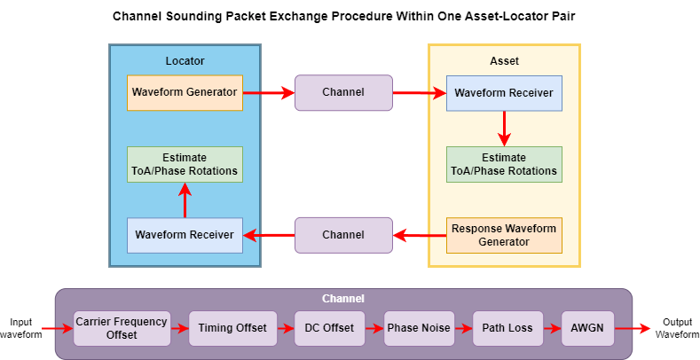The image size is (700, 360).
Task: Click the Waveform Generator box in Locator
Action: (185, 92)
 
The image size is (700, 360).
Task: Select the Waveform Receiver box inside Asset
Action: (504, 92)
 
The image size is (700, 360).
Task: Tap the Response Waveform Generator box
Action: (504, 235)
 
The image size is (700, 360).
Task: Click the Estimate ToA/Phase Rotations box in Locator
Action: (185, 164)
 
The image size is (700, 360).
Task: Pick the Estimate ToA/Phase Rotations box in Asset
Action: (504, 164)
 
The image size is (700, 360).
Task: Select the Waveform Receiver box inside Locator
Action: (185, 235)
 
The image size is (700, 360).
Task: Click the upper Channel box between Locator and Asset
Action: (343, 92)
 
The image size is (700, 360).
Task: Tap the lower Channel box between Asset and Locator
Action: (343, 235)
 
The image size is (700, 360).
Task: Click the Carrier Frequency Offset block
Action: (122, 328)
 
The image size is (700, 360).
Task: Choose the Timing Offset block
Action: (232, 328)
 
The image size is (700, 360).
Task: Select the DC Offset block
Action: (330, 328)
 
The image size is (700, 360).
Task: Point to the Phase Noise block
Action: (419, 328)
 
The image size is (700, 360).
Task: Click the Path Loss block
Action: (507, 328)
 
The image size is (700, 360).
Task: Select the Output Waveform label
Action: (676, 328)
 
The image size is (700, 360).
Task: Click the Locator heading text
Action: (185, 61)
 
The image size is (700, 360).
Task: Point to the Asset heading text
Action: (504, 61)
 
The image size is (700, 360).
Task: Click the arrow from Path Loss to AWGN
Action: (552, 328)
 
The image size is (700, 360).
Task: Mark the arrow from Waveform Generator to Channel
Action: (268, 92)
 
